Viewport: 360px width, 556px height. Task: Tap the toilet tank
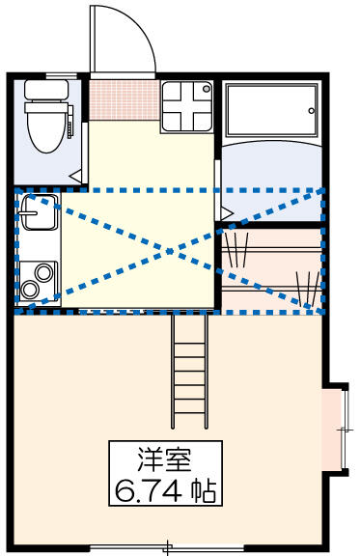click(46, 90)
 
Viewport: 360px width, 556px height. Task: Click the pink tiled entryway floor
click(124, 100)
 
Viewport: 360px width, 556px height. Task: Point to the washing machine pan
click(187, 107)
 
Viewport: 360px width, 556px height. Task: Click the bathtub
click(272, 110)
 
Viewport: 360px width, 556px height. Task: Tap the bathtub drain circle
click(312, 111)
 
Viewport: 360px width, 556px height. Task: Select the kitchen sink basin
click(40, 212)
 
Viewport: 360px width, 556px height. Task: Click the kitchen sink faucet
click(28, 213)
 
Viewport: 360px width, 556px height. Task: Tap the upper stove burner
click(44, 273)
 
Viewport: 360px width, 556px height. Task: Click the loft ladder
click(190, 372)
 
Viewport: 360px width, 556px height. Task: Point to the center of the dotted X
click(170, 251)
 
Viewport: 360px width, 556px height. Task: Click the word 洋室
click(165, 459)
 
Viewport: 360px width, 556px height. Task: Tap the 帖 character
click(204, 491)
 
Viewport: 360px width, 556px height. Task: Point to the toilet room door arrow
click(75, 176)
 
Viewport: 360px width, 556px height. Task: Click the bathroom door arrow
click(227, 213)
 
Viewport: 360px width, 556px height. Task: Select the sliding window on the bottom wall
click(167, 549)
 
